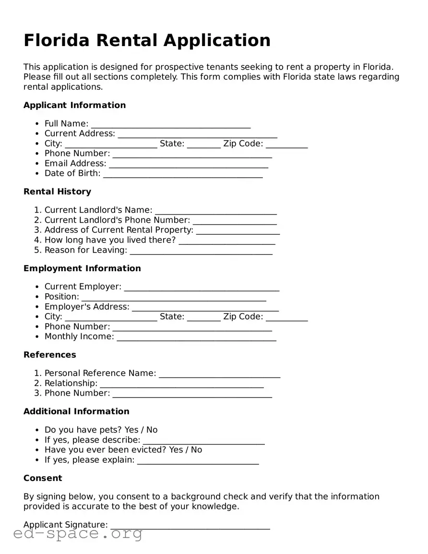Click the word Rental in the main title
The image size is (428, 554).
coord(127,40)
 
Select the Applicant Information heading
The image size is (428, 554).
coord(74,105)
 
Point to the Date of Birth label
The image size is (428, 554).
coord(72,173)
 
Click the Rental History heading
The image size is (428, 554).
coord(57,192)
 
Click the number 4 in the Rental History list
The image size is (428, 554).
coord(37,240)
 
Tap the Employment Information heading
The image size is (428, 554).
coord(82,268)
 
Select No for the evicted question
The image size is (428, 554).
coord(196,450)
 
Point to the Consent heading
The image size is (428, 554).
coord(43,478)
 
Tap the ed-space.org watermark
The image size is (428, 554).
coord(78,533)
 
